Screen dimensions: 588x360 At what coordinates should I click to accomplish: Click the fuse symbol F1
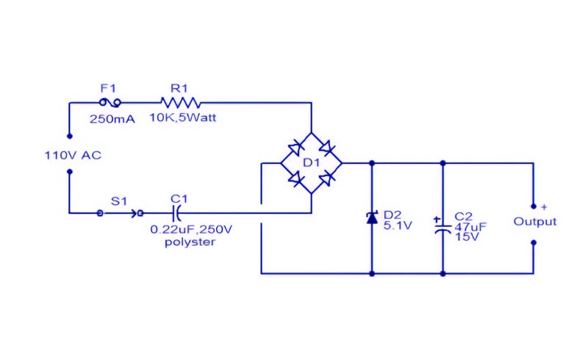[110, 102]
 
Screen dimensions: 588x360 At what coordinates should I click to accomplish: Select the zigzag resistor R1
[180, 102]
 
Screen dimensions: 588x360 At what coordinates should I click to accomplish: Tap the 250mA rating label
[112, 119]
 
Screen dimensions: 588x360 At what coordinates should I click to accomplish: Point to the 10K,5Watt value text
[183, 118]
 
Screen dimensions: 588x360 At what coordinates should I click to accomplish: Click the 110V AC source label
[73, 155]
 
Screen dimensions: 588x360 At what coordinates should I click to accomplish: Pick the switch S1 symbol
[120, 213]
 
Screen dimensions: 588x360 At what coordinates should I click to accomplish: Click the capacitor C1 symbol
[176, 213]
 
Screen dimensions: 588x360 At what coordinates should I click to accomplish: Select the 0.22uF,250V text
[191, 229]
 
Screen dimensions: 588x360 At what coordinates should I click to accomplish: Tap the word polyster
[190, 242]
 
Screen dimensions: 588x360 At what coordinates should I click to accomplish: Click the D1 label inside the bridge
[311, 163]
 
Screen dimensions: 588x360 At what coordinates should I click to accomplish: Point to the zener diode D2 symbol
[372, 217]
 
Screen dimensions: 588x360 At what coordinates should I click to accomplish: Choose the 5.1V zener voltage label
[398, 226]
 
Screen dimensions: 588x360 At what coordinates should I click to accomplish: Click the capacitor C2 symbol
[443, 228]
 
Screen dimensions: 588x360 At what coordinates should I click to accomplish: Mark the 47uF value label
[470, 227]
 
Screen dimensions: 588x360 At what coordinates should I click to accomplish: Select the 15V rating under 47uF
[467, 237]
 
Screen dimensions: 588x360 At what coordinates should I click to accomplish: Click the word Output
[535, 221]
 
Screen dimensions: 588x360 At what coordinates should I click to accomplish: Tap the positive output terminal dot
[534, 206]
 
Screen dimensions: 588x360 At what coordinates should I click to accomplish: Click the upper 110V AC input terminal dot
[69, 136]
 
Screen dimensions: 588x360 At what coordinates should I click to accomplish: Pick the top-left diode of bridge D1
[296, 148]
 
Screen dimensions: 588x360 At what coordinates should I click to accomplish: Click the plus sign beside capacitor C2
[437, 220]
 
